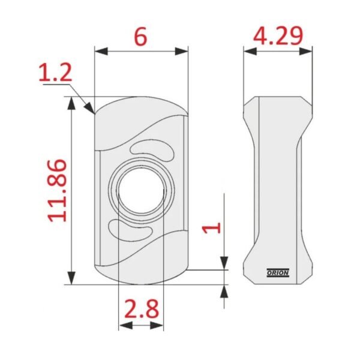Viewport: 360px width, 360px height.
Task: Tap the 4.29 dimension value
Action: (278, 35)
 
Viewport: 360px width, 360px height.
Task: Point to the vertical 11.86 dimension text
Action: (57, 190)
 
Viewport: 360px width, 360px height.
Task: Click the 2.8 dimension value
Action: (142, 308)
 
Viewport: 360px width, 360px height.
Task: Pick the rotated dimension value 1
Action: (211, 227)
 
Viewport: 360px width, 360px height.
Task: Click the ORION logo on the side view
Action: (278, 273)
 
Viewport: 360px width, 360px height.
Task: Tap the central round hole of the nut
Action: (141, 190)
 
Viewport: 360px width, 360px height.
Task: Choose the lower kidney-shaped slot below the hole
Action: (130, 230)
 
